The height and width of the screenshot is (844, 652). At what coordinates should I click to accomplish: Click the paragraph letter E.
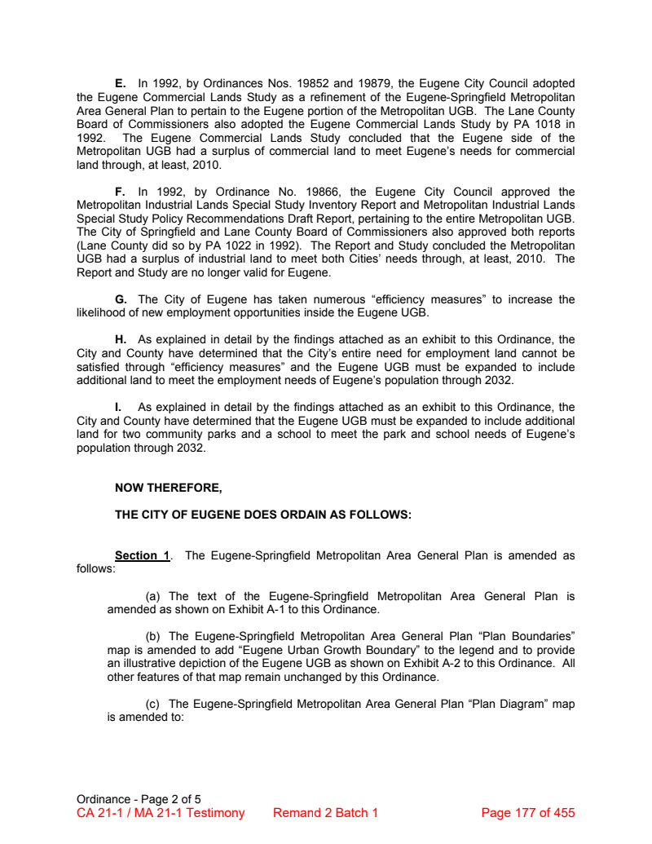pos(120,84)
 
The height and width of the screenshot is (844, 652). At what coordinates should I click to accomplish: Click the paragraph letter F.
pos(120,192)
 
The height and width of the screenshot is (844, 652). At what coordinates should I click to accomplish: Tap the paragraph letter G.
pos(121,300)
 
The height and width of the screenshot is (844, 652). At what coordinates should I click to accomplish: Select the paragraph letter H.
pos(121,340)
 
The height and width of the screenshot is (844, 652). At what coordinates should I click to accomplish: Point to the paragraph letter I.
pos(119,407)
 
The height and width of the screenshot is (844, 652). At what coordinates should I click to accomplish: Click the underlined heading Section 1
pos(142,555)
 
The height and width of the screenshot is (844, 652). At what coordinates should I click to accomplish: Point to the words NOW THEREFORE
pos(168,488)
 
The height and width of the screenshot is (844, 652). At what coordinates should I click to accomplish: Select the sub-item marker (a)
pos(153,596)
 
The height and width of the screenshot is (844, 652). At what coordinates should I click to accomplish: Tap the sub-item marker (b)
pos(153,636)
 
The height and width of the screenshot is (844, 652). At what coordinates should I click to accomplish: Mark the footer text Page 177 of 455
pos(528,813)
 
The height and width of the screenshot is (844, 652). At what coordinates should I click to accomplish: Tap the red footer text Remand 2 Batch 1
pos(325,813)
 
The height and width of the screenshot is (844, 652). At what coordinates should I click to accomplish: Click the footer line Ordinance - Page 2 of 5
pos(139,799)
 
